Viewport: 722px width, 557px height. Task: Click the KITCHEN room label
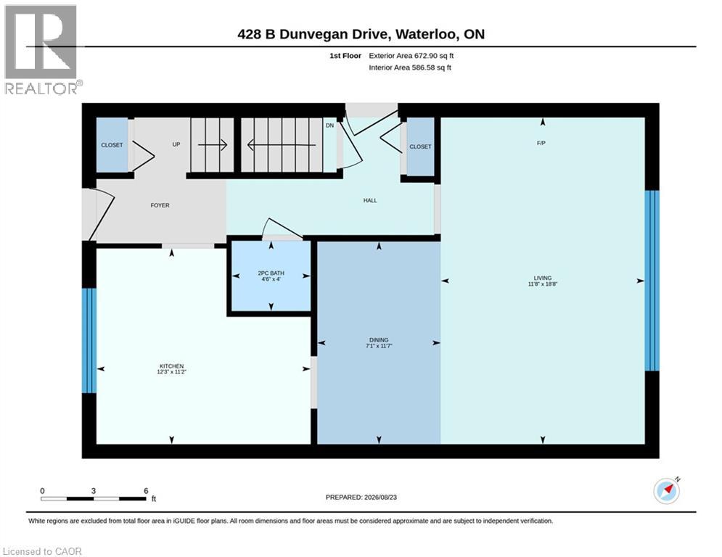click(x=171, y=366)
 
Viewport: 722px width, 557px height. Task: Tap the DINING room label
click(x=379, y=339)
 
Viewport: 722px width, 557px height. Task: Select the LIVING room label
click(x=543, y=278)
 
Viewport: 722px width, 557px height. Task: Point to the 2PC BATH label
click(x=271, y=273)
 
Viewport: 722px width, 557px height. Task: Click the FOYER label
click(x=160, y=205)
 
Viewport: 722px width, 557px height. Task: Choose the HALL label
click(x=370, y=200)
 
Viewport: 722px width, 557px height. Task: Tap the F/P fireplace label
click(x=541, y=143)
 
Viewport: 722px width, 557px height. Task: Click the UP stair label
click(x=176, y=144)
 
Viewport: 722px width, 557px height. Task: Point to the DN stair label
click(x=329, y=125)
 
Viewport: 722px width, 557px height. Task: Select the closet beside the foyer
click(x=112, y=145)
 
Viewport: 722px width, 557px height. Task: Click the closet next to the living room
click(x=420, y=147)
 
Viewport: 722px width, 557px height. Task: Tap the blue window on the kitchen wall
click(x=89, y=341)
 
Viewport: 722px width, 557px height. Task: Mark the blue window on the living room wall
click(x=652, y=281)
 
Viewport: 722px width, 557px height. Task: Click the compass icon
click(x=666, y=491)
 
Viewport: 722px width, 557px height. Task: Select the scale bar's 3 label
click(x=94, y=491)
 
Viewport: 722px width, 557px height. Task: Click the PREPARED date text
click(x=361, y=497)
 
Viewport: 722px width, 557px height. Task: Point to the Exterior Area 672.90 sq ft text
click(x=411, y=56)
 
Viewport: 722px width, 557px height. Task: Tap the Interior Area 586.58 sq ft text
click(x=410, y=67)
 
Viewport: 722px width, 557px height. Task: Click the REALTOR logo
click(x=42, y=50)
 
